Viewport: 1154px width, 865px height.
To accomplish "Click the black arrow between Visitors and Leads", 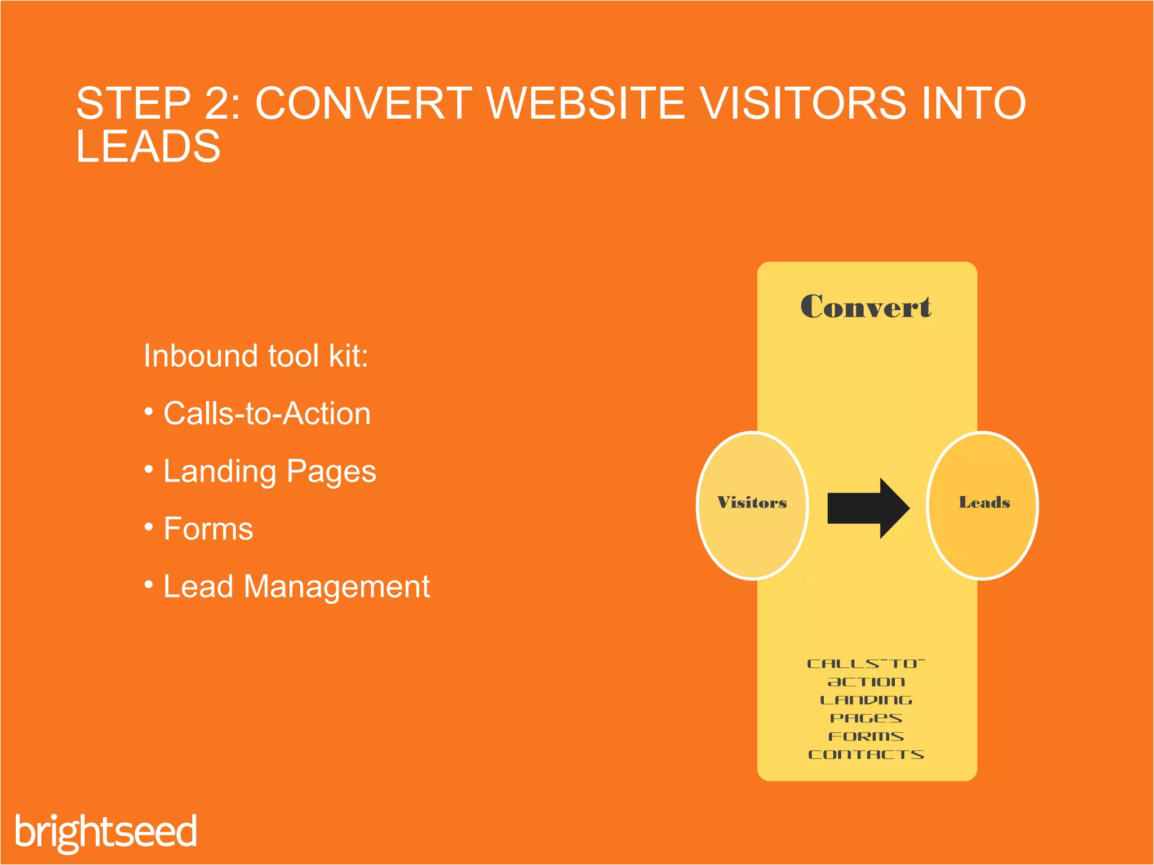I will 867,508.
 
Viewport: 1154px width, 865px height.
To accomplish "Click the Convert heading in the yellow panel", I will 865,307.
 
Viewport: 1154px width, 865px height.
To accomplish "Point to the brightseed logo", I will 106,832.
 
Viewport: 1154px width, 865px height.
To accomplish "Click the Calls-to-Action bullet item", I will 267,414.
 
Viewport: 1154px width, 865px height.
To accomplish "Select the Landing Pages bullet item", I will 269,471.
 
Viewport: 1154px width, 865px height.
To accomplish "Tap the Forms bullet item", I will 208,529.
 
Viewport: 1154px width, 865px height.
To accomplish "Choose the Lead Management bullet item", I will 296,587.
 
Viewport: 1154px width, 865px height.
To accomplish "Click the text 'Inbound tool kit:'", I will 256,356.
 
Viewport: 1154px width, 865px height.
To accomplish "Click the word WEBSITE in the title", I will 585,104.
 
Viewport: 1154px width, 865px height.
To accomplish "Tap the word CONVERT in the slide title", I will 363,104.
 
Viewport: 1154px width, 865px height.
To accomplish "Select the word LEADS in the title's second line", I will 148,146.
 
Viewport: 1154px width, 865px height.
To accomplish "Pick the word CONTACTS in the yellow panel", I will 866,755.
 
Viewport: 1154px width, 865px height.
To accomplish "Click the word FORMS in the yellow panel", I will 866,737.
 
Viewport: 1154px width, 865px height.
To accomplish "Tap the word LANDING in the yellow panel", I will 866,701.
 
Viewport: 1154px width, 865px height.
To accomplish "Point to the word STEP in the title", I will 134,104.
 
